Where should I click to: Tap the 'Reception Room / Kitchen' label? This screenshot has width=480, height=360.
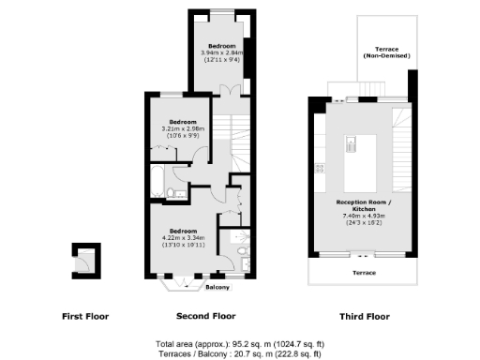364,205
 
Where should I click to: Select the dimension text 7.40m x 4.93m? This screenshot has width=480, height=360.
365,217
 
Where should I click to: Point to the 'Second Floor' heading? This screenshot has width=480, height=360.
205,316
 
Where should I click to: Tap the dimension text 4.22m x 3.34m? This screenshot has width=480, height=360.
183,237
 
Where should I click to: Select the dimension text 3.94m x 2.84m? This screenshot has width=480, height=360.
221,53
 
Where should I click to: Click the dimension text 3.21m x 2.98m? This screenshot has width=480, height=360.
183,128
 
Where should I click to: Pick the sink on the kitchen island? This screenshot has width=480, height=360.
351,145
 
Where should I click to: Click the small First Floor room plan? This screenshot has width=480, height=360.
86,258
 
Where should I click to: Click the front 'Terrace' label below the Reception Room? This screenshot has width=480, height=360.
364,272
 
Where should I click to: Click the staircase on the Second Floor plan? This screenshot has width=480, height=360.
241,141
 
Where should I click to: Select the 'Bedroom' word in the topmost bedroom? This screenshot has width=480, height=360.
221,46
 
